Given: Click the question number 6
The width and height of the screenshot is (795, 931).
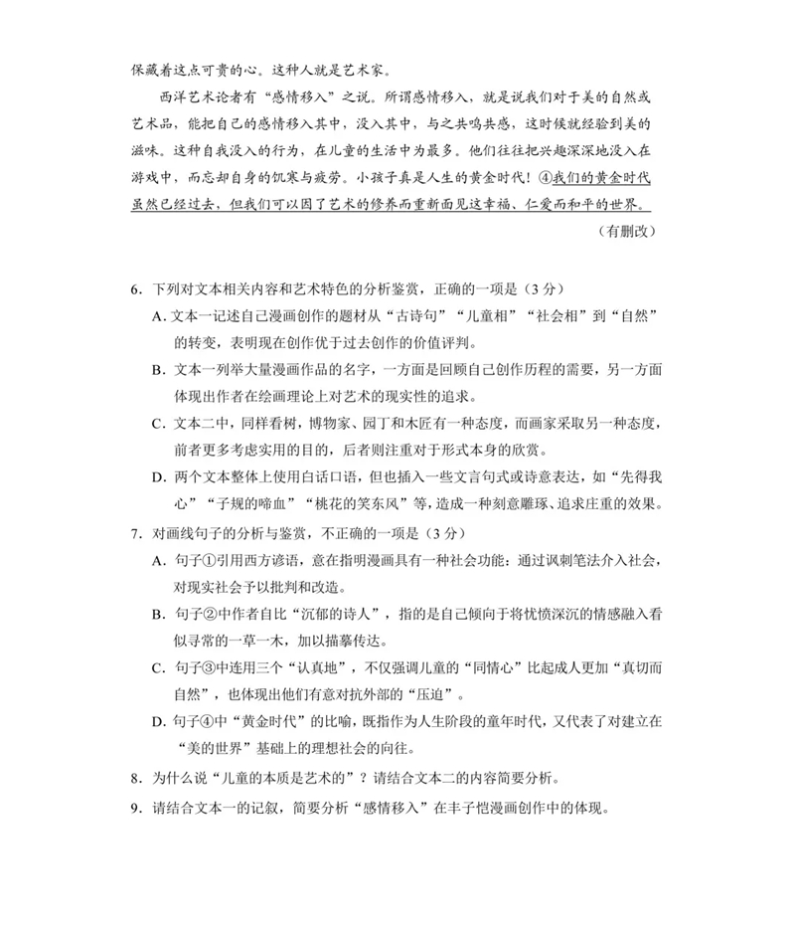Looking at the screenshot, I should click(135, 289).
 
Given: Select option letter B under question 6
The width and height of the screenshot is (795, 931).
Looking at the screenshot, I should click(158, 370).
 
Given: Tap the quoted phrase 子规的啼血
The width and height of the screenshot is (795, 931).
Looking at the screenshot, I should click(243, 503).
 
